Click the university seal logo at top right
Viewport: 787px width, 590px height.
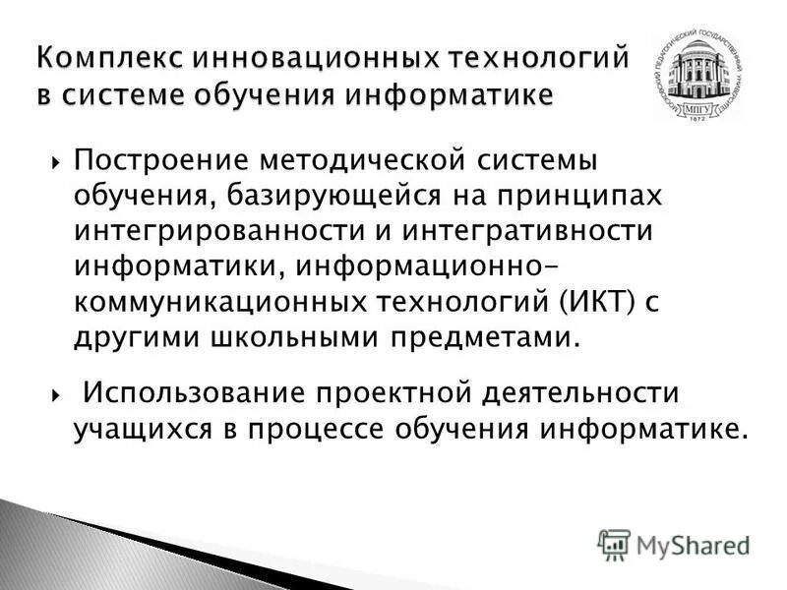[x=697, y=78]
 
